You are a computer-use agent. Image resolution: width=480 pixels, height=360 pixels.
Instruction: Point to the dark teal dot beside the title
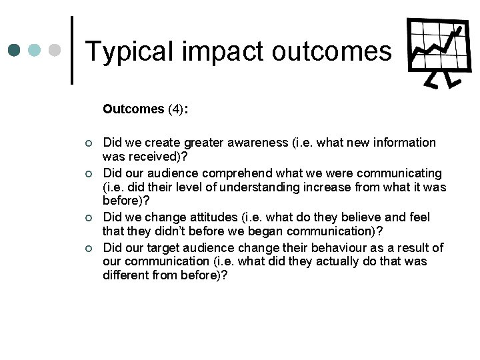tap(15, 50)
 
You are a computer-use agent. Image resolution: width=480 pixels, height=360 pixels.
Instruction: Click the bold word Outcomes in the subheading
tap(133, 109)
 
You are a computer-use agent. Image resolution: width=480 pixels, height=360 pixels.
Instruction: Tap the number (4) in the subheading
tap(176, 109)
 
